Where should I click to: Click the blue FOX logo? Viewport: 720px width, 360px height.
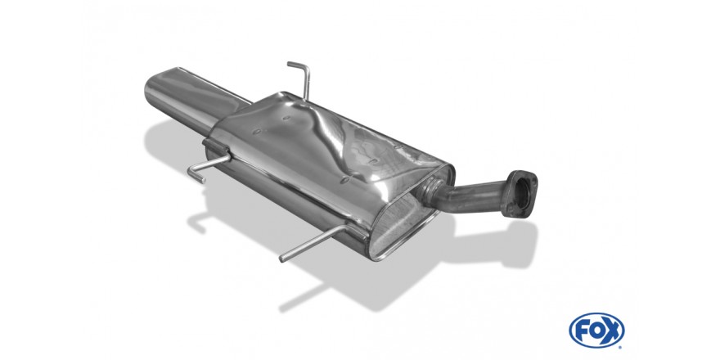[x=596, y=331]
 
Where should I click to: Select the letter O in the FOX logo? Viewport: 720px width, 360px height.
[x=596, y=331]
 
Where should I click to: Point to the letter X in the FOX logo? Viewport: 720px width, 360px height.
[x=612, y=331]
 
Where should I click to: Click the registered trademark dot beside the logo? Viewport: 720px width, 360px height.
[x=622, y=347]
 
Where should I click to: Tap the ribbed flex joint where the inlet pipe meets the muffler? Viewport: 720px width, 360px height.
[x=430, y=191]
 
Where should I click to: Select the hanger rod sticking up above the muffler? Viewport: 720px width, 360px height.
[x=301, y=79]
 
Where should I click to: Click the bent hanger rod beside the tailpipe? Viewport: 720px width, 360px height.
[x=207, y=166]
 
